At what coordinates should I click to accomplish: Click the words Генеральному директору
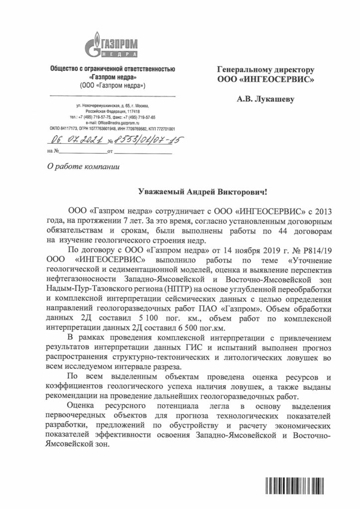click(265, 70)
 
